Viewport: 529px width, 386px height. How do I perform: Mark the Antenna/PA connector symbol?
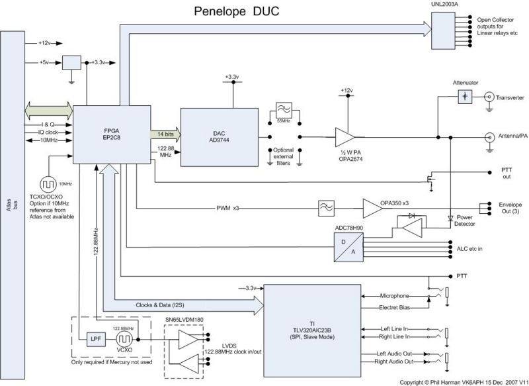tap(489, 137)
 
